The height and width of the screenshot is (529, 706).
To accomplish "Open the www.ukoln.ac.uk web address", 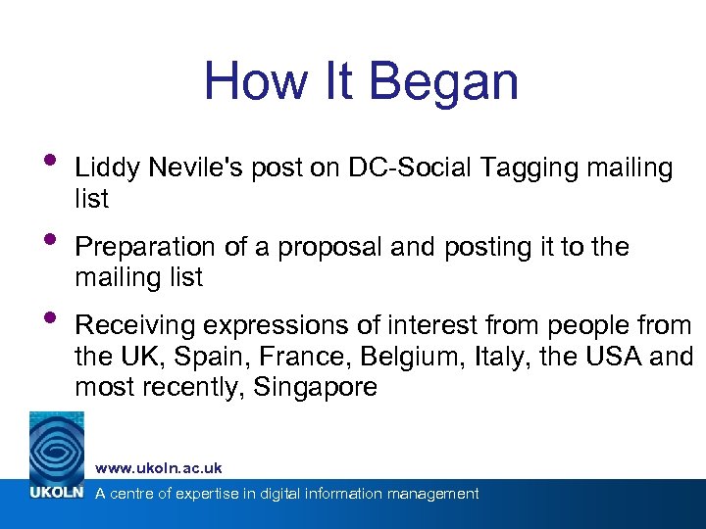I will (159, 468).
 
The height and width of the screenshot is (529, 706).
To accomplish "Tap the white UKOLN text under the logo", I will (57, 494).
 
